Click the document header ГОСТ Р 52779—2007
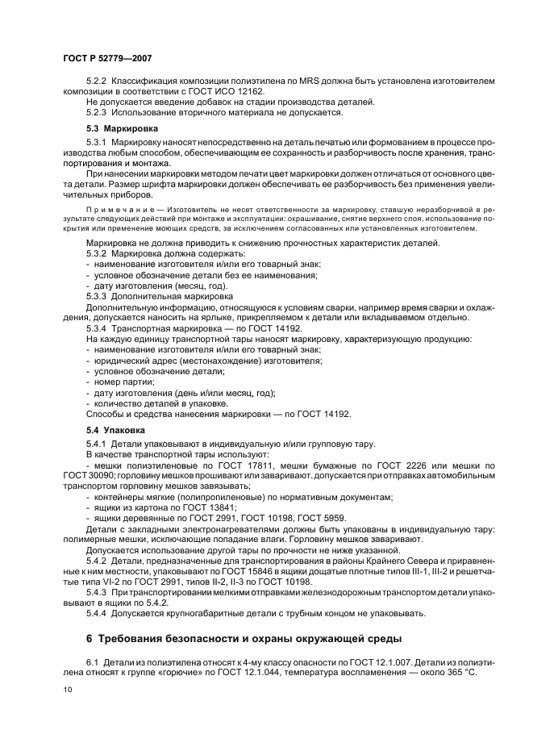[107, 58]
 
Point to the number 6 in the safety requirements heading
[90, 639]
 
